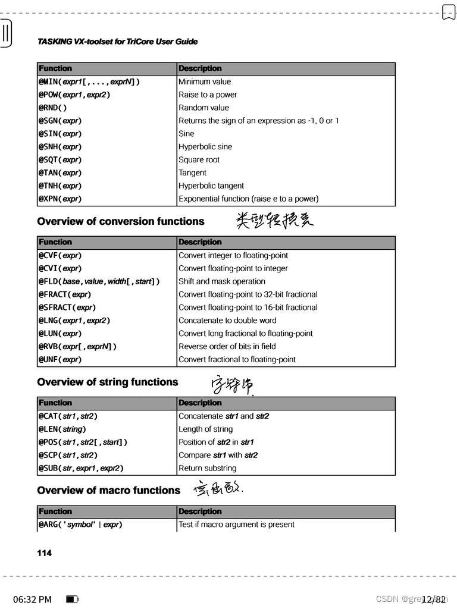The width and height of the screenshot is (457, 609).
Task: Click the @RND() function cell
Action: pyautogui.click(x=54, y=108)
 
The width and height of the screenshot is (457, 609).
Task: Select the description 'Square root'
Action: pyautogui.click(x=199, y=159)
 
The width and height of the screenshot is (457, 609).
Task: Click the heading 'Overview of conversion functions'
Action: pyautogui.click(x=121, y=221)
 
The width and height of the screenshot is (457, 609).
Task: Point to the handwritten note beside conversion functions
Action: pyautogui.click(x=274, y=221)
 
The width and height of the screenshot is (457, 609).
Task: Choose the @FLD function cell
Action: pyautogui.click(x=99, y=281)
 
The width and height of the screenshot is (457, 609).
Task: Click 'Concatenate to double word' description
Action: pyautogui.click(x=227, y=320)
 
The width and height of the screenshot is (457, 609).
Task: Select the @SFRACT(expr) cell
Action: pyautogui.click(x=68, y=307)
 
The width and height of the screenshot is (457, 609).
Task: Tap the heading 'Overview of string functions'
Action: pyautogui.click(x=108, y=382)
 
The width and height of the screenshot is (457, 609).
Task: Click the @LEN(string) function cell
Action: pyautogui.click(x=63, y=429)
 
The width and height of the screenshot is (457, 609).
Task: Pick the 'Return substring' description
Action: pyautogui.click(x=207, y=468)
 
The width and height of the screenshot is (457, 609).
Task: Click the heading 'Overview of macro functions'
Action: pyautogui.click(x=109, y=490)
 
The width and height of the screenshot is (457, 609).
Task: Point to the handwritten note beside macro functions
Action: pyautogui.click(x=218, y=489)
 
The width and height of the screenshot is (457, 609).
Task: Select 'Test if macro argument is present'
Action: pyautogui.click(x=236, y=524)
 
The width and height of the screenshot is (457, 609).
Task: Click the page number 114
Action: pyautogui.click(x=45, y=553)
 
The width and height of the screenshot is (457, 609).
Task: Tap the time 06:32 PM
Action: pyautogui.click(x=32, y=599)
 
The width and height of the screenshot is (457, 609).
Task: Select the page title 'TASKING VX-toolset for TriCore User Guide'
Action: pyautogui.click(x=117, y=42)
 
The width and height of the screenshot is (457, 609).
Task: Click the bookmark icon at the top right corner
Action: pyautogui.click(x=448, y=11)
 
